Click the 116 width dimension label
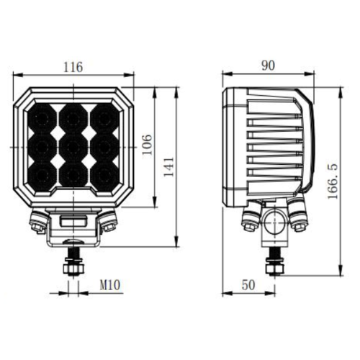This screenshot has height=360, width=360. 73,67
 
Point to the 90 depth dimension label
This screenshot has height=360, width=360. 268,66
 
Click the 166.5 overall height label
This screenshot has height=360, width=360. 332,180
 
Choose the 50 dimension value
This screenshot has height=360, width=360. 249,285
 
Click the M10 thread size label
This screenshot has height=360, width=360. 109,286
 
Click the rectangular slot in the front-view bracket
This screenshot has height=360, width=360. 73,220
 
